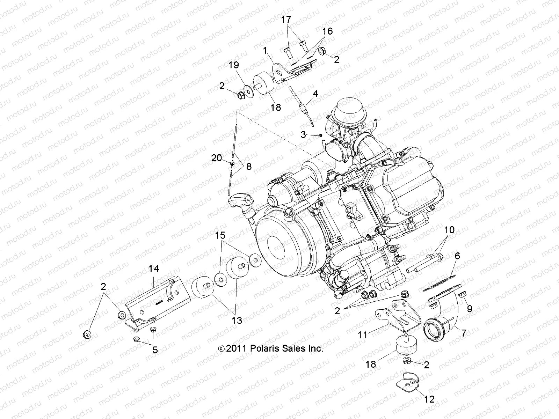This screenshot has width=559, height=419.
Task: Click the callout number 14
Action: click(x=154, y=269)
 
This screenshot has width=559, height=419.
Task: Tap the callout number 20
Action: click(x=217, y=158)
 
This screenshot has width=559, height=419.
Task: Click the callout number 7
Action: click(x=464, y=333)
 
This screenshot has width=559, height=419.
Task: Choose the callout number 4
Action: click(x=315, y=94)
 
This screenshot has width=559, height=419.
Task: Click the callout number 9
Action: click(x=470, y=308)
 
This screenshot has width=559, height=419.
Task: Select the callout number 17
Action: click(x=286, y=20)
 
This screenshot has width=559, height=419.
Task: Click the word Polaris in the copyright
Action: click(x=270, y=348)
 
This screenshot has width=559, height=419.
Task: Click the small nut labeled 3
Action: click(x=320, y=135)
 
